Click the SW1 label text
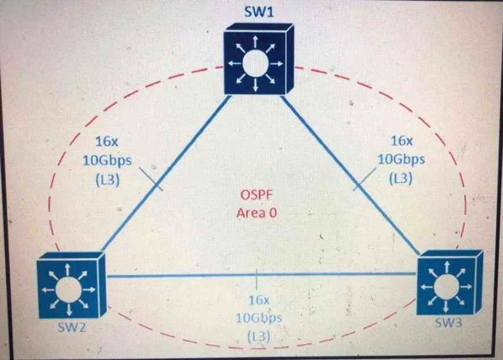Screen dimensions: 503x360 259,12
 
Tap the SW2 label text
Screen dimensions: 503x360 71,327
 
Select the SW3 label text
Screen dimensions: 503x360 448,323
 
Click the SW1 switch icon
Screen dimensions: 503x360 259,58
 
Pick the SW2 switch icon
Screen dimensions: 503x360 71,285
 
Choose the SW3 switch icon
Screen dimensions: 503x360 450,282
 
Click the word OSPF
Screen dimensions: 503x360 256,194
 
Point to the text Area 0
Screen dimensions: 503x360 256,213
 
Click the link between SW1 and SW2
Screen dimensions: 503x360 166,173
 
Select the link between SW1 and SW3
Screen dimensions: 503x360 350,175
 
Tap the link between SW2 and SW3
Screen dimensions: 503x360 261,275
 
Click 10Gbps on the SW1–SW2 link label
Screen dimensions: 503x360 107,160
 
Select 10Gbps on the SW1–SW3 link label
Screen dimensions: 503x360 401,159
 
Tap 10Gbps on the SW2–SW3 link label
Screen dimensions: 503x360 259,318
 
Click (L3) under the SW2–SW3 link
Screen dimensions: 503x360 259,336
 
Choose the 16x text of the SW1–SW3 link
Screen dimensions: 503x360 401,141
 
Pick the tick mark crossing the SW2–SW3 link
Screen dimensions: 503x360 256,278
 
